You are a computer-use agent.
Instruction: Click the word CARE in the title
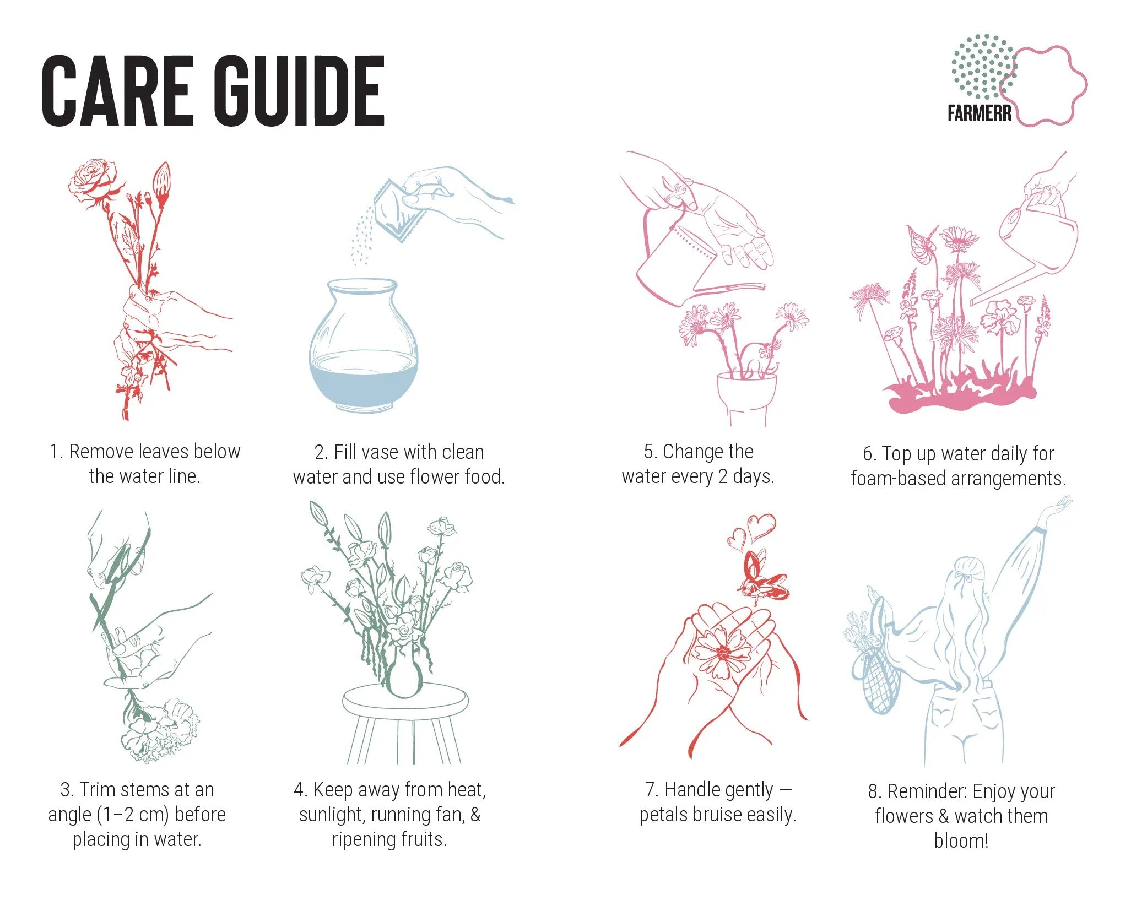click(118, 91)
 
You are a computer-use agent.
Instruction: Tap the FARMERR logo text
click(980, 113)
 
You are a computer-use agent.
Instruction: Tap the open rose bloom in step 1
click(94, 178)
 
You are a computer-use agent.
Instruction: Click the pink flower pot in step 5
click(747, 400)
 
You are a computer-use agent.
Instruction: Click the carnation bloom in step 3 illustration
click(160, 730)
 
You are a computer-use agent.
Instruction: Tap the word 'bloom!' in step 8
click(961, 841)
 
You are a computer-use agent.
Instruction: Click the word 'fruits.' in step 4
click(419, 839)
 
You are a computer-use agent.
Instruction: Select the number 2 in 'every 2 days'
click(722, 476)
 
